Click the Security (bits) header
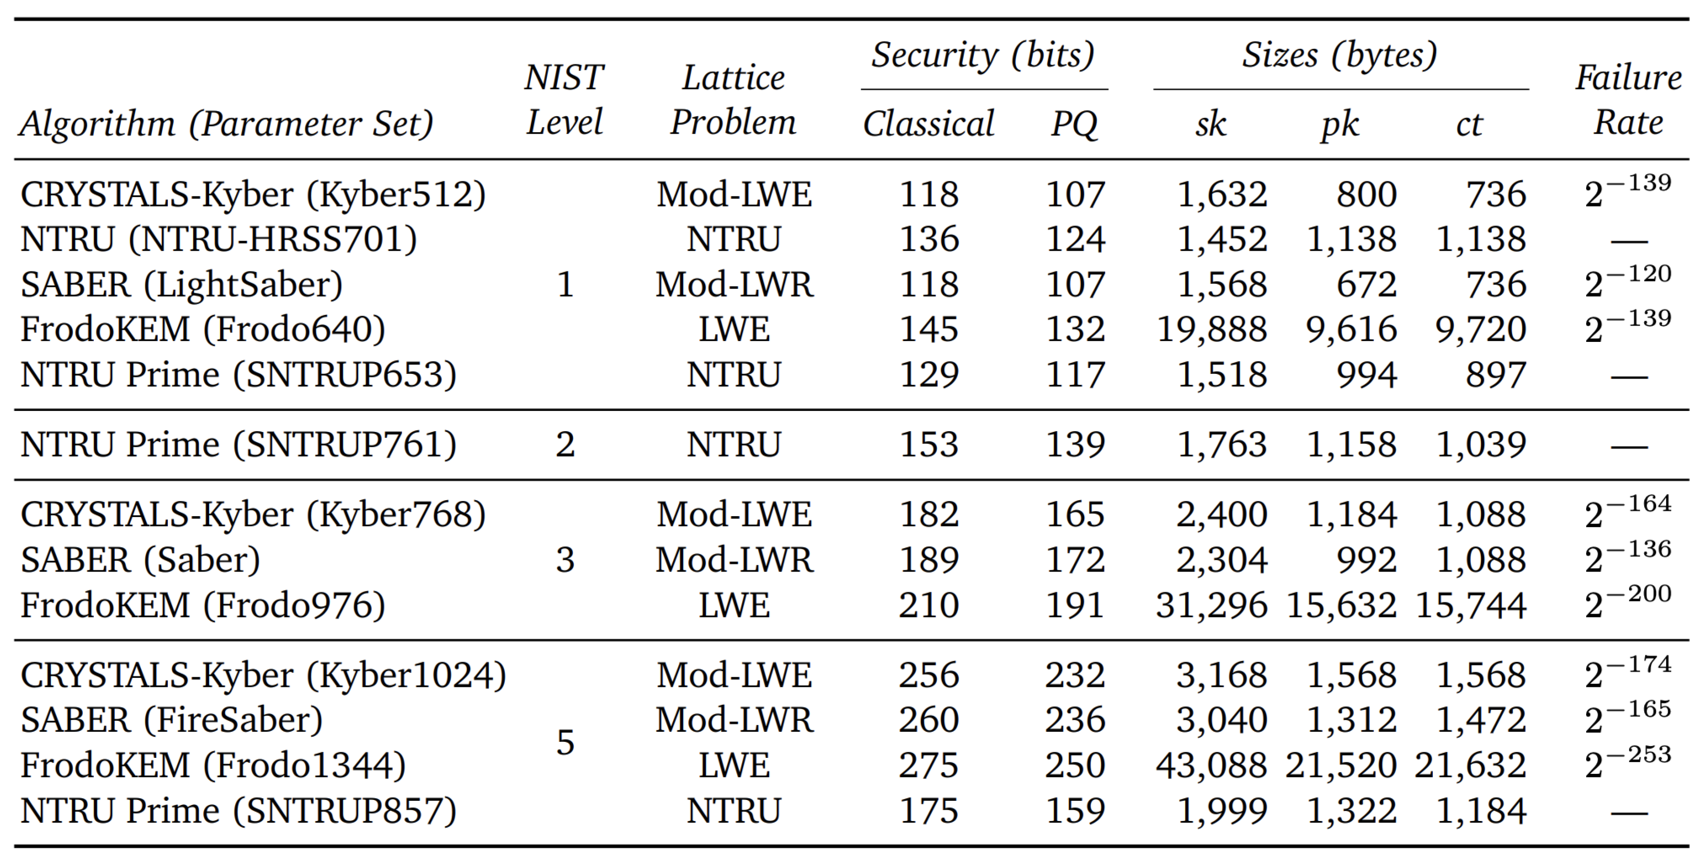[983, 55]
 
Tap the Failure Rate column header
[1628, 100]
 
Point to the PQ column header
[1075, 124]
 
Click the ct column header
[1469, 124]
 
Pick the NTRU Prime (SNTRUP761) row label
[238, 444]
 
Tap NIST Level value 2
[565, 444]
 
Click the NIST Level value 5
[565, 742]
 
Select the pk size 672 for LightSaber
[1366, 285]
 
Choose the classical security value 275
[929, 765]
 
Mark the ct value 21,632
[1470, 765]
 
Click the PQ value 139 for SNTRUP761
[1075, 444]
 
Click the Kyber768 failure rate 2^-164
[1628, 513]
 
